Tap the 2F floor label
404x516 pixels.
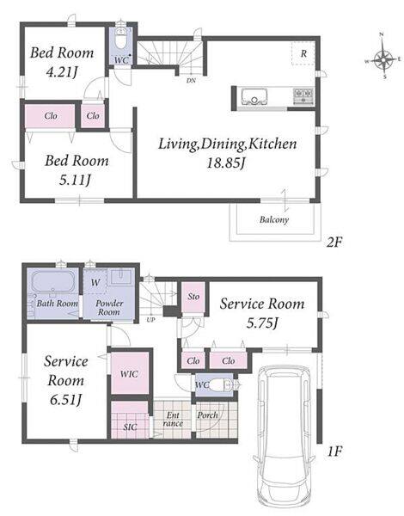(334, 243)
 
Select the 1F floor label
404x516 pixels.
(334, 451)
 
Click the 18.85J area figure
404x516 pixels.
(226, 163)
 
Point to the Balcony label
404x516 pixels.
(274, 219)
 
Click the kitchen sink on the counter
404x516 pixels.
(254, 96)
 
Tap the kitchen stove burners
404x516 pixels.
(303, 96)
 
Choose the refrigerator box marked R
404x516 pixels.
(303, 53)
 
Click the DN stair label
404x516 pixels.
(191, 80)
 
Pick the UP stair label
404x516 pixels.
(150, 320)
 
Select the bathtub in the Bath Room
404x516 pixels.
(52, 282)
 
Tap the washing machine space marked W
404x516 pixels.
(95, 282)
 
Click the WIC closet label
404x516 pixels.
(129, 374)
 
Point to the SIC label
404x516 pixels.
(130, 427)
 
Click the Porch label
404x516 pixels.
(208, 415)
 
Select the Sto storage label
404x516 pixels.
(193, 297)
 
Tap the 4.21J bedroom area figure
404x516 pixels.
(62, 71)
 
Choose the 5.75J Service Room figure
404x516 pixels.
(262, 323)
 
